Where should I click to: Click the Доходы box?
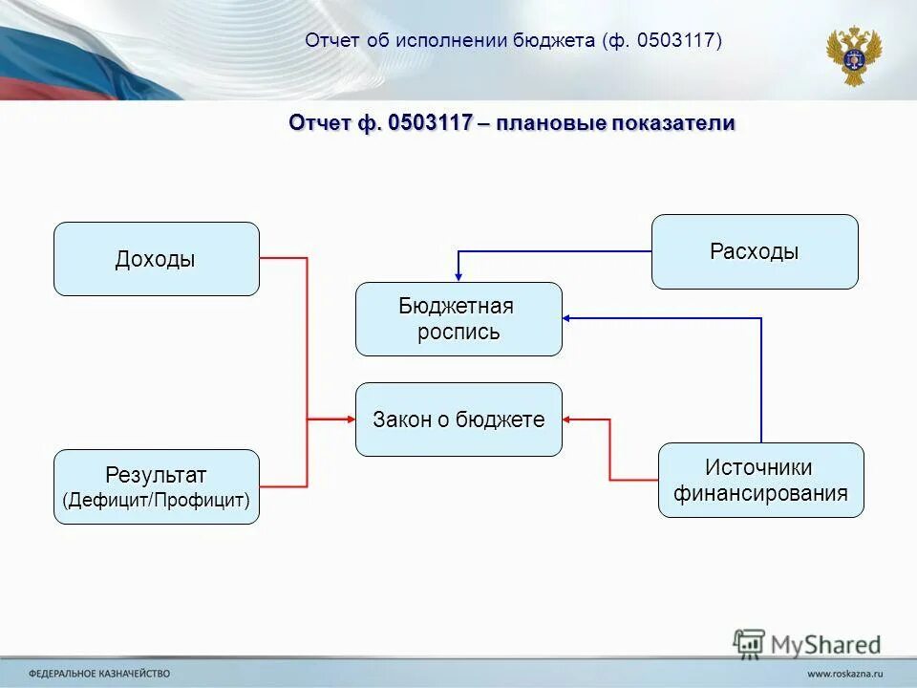tap(156, 259)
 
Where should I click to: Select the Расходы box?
tap(755, 251)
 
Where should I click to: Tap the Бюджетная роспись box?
tap(458, 319)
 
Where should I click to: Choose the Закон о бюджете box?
tap(458, 419)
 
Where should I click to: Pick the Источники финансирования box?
tap(760, 481)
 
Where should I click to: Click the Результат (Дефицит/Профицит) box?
tap(156, 486)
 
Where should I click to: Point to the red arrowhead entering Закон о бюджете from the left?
tap(349, 419)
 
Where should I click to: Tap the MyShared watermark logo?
tap(807, 643)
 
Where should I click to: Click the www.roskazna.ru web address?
tap(844, 673)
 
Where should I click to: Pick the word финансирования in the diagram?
tap(760, 493)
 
